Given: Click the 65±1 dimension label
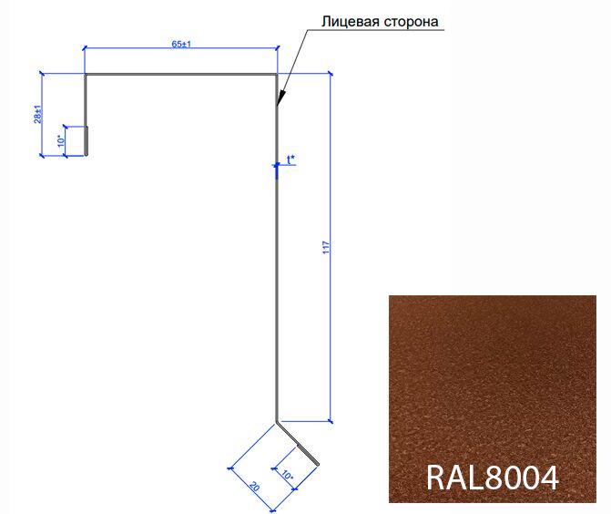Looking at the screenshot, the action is (x=181, y=44).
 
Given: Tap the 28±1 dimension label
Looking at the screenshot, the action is (x=38, y=114).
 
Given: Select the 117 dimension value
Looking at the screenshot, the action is (x=326, y=248).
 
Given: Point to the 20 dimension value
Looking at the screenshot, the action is (x=254, y=487).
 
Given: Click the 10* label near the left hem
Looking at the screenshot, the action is (x=61, y=140).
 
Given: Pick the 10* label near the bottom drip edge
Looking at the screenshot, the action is (x=287, y=475).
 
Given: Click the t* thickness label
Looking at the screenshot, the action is (x=291, y=159).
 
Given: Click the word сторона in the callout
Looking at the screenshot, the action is (x=412, y=23).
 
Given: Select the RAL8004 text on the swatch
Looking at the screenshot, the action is (x=493, y=478).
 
